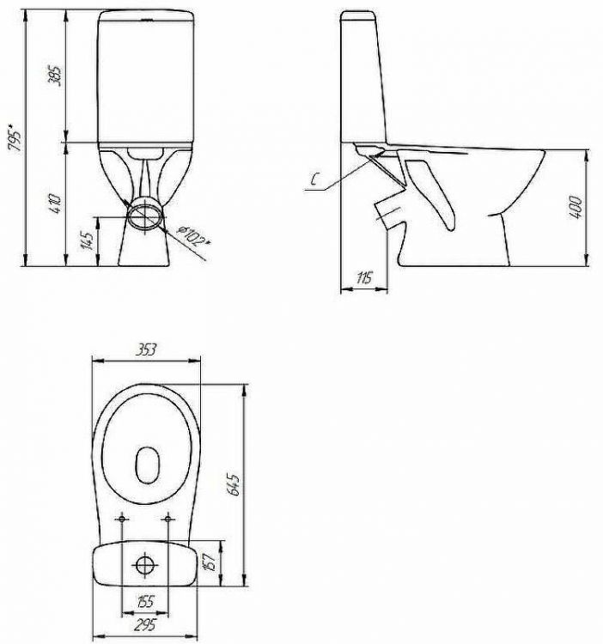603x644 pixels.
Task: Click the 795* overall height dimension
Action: [16, 136]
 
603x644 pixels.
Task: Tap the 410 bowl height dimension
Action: [55, 203]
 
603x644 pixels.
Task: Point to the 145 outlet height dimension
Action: [87, 240]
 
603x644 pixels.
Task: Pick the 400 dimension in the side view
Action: [576, 208]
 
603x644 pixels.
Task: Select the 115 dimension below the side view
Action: [364, 278]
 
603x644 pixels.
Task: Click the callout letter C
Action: [314, 179]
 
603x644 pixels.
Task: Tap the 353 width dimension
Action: [147, 349]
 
